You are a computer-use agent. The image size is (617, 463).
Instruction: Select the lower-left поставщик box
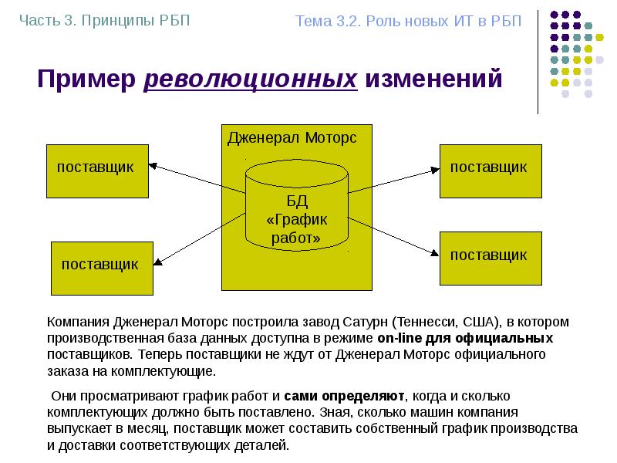[100, 267]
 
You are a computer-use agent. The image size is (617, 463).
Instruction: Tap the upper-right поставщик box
[489, 170]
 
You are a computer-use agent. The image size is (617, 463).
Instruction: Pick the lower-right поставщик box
[489, 258]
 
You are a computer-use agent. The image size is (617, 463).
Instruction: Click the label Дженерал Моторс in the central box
[292, 138]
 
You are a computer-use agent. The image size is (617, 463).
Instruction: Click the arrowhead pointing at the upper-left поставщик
[153, 164]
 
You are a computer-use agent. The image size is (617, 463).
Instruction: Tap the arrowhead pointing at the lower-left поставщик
[157, 264]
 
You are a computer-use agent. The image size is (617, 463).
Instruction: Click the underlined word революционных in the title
[251, 79]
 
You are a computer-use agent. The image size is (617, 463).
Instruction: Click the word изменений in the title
[433, 79]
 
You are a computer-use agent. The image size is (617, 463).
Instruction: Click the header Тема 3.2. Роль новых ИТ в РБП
[408, 21]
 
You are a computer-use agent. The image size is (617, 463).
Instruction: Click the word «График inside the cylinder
[297, 221]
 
